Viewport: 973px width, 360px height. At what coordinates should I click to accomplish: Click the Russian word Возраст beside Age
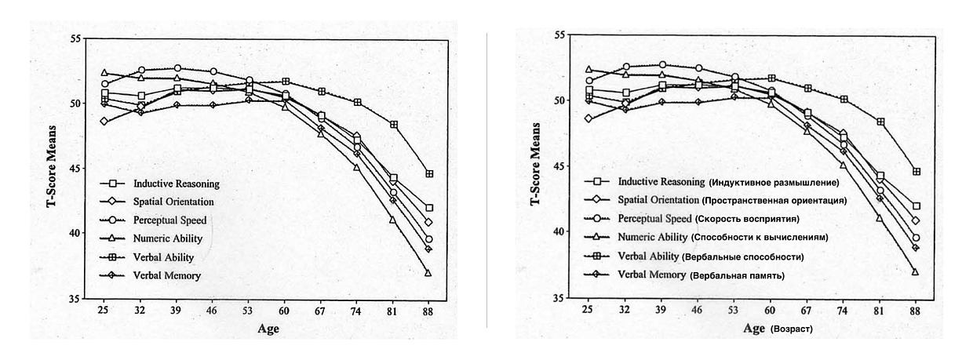click(793, 330)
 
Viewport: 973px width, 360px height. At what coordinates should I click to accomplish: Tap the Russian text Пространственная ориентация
click(774, 201)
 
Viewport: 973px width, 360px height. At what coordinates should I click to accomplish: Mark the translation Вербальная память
click(737, 275)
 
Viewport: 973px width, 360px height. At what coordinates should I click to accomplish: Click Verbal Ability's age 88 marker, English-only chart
click(429, 173)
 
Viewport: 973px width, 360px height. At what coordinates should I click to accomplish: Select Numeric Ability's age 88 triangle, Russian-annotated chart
click(916, 271)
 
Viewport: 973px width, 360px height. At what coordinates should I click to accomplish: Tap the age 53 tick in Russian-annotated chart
click(734, 311)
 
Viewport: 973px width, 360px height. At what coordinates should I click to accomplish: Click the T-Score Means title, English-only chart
click(53, 168)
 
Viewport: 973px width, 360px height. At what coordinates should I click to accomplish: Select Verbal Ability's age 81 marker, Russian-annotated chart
click(881, 122)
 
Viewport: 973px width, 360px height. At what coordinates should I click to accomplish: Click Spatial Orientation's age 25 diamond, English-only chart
click(104, 122)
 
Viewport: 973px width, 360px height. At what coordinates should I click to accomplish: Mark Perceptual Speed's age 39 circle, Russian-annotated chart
click(662, 65)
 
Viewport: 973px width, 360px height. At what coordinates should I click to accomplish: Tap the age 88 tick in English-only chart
click(429, 311)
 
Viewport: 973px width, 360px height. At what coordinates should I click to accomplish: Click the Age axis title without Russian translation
click(268, 329)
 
